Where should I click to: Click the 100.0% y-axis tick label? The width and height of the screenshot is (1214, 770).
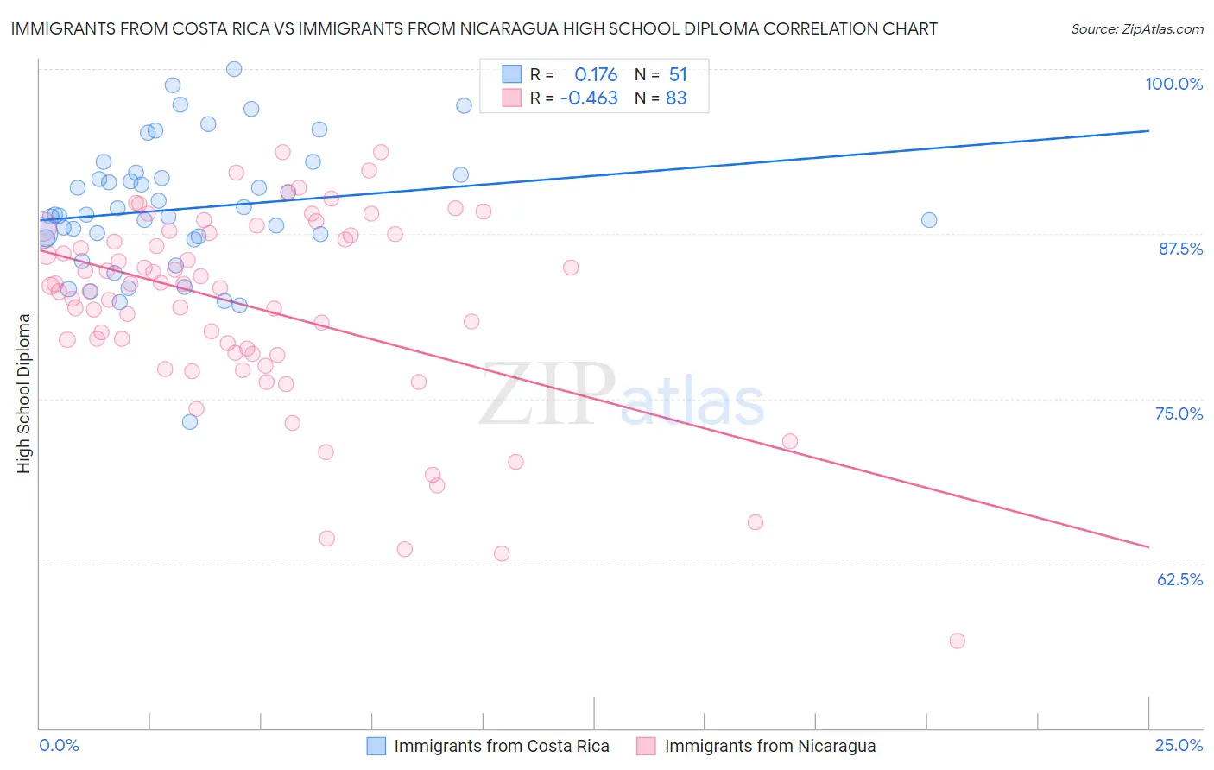(x=1173, y=84)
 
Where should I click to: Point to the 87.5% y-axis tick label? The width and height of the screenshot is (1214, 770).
(x=1180, y=249)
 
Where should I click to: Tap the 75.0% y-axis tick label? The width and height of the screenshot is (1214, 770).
(x=1179, y=413)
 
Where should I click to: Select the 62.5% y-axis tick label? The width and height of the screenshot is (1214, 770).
(x=1179, y=579)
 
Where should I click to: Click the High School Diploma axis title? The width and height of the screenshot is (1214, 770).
(x=24, y=393)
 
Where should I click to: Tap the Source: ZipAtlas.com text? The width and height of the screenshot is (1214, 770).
(x=1136, y=29)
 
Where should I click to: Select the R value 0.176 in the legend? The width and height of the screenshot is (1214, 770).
(x=596, y=75)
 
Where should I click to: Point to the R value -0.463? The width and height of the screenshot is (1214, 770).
(x=589, y=98)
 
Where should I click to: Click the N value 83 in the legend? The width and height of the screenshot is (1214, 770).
(x=676, y=98)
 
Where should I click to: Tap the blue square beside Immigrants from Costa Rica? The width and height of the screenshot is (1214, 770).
(x=376, y=746)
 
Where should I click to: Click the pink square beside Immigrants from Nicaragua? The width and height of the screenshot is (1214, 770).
(x=646, y=746)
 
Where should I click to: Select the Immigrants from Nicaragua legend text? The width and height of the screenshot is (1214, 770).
(x=770, y=746)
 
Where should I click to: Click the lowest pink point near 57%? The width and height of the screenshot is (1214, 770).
(x=957, y=641)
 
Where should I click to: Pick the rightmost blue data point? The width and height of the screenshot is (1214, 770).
(x=929, y=220)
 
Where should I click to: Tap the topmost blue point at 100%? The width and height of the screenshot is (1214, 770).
(x=234, y=69)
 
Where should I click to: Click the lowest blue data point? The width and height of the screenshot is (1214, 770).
(x=190, y=422)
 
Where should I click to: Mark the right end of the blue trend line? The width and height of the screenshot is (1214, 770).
(x=1148, y=130)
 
